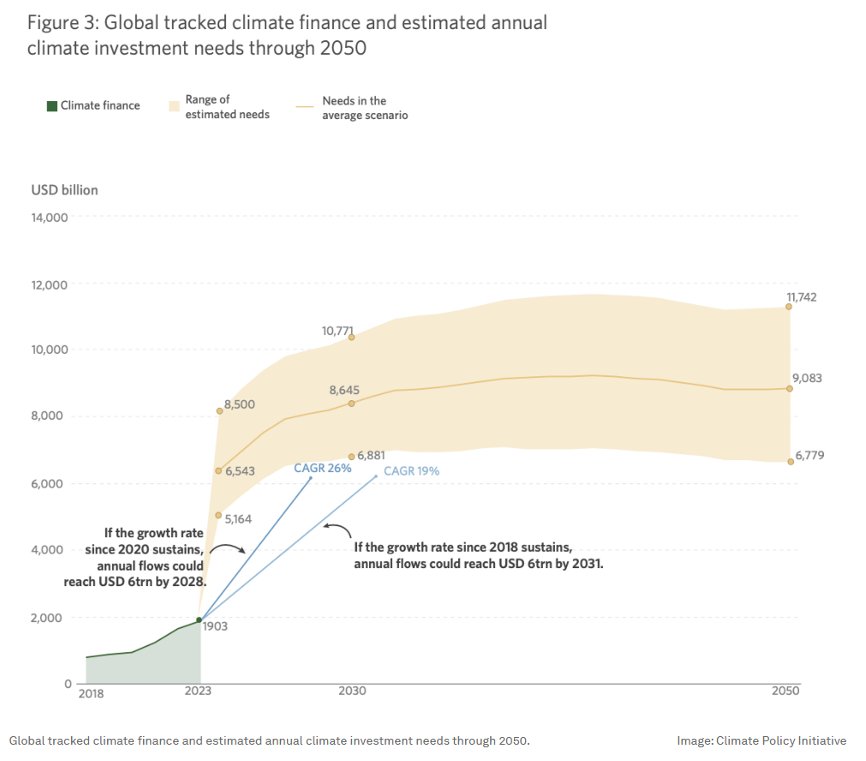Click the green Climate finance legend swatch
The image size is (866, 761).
point(51,106)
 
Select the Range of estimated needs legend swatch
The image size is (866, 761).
point(174,105)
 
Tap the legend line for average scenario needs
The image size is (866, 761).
point(305,106)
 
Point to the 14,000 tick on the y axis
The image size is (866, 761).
point(50,218)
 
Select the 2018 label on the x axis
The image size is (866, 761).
point(91,693)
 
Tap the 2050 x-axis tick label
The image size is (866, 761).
point(785,692)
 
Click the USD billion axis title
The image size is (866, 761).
point(64,190)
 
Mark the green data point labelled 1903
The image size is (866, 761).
point(200,620)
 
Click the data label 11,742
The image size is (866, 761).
point(802,297)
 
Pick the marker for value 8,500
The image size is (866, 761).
point(219,411)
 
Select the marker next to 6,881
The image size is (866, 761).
point(351,457)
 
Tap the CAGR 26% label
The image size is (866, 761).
point(322,468)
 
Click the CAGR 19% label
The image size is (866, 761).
point(411,470)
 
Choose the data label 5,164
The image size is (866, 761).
point(239,518)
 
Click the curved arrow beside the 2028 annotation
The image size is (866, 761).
point(228,548)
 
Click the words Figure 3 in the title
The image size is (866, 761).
point(61,23)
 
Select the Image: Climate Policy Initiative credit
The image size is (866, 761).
point(761,740)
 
